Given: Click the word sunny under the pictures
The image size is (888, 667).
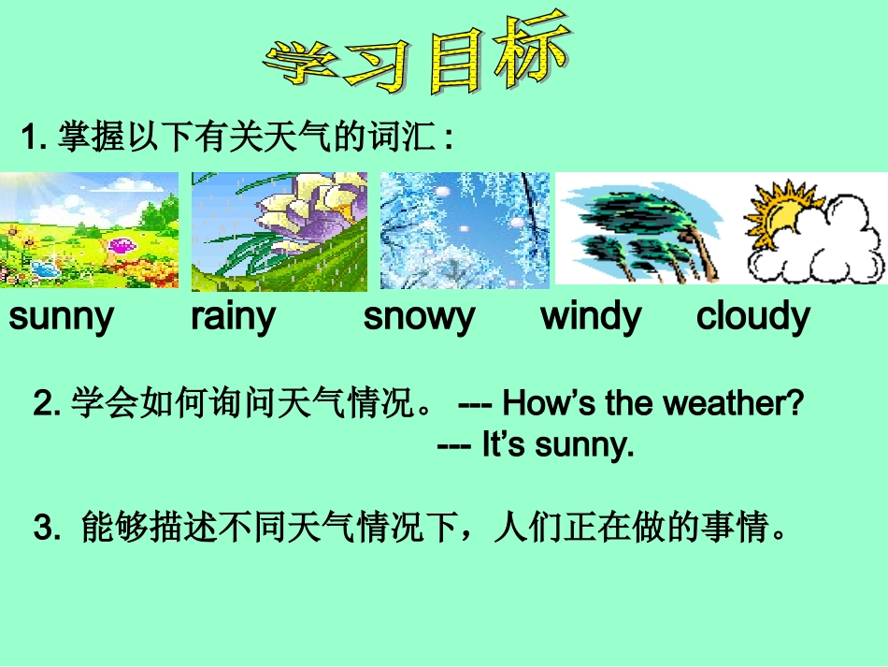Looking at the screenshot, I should [61, 318].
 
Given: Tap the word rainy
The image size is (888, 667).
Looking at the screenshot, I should [233, 318].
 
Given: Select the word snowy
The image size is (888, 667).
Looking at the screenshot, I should [419, 318].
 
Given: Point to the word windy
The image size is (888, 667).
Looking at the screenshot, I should [591, 318].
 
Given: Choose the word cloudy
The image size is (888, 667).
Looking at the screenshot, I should [752, 318].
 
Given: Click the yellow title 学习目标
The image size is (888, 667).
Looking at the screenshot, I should [417, 56].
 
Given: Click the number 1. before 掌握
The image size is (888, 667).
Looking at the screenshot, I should [34, 139].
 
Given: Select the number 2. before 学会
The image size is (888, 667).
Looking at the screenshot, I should [47, 404].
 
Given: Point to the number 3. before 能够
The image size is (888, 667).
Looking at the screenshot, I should [47, 529].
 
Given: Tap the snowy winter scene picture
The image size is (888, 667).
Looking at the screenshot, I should [465, 230].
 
